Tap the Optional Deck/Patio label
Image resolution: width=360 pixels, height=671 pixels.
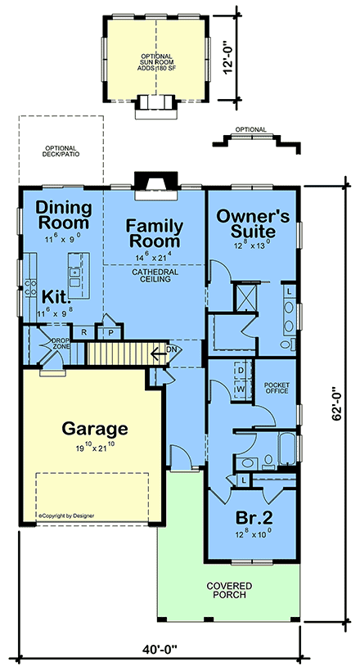tap(61, 152)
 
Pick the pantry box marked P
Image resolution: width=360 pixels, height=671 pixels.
tap(109, 332)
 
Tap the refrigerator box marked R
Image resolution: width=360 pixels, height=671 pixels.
tap(84, 332)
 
